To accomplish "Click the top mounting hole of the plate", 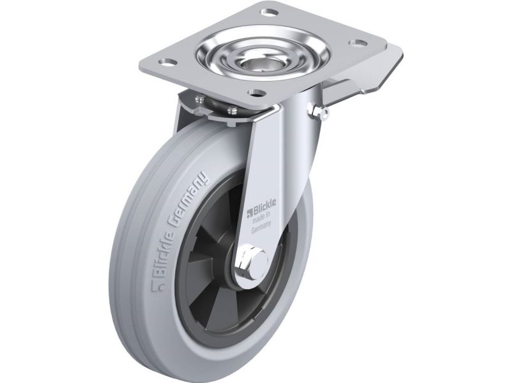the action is pyautogui.click(x=270, y=12).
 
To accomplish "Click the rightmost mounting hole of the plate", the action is pyautogui.click(x=358, y=42).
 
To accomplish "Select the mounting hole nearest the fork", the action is pyautogui.click(x=256, y=93).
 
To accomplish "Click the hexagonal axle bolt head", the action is pyautogui.click(x=252, y=260).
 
